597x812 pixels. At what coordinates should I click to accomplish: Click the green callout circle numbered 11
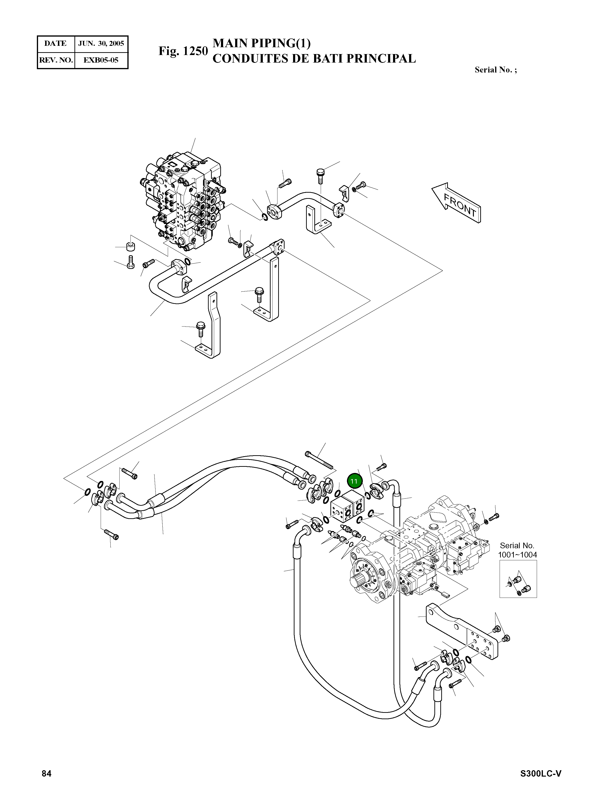point(354,481)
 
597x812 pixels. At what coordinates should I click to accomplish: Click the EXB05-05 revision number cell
point(101,60)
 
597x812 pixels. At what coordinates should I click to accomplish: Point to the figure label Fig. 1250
point(183,51)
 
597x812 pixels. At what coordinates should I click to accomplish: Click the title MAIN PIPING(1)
point(262,43)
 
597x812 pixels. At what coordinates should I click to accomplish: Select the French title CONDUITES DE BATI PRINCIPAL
point(314,59)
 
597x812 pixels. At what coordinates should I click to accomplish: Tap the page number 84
point(47,773)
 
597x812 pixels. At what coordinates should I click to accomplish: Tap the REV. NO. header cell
point(56,60)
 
